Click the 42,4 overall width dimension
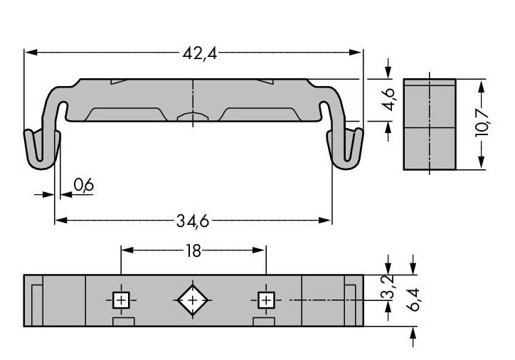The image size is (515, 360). pyautogui.click(x=200, y=53)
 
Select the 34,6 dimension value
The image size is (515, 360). pyautogui.click(x=193, y=221)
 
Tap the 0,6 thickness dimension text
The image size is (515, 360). pyautogui.click(x=84, y=185)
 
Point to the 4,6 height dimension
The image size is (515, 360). pyautogui.click(x=390, y=100)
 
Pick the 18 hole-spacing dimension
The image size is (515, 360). pyautogui.click(x=193, y=251)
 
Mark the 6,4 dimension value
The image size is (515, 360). pyautogui.click(x=413, y=300)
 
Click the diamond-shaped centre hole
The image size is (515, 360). pyautogui.click(x=193, y=300)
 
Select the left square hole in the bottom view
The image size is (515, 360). pyautogui.click(x=121, y=300)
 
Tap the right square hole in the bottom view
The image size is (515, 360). pyautogui.click(x=266, y=300)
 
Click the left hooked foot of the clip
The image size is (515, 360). pyautogui.click(x=42, y=149)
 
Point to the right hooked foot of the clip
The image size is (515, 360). pyautogui.click(x=345, y=149)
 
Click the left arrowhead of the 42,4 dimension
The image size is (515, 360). pyautogui.click(x=31, y=52)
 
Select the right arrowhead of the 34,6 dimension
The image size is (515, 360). pyautogui.click(x=325, y=221)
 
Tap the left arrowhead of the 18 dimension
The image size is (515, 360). pyautogui.click(x=127, y=250)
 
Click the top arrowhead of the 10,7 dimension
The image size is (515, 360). pyautogui.click(x=481, y=86)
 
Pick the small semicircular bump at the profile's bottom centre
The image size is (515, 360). pyautogui.click(x=193, y=117)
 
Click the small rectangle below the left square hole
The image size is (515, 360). pyautogui.click(x=124, y=322)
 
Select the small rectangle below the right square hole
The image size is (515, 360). pyautogui.click(x=264, y=322)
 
